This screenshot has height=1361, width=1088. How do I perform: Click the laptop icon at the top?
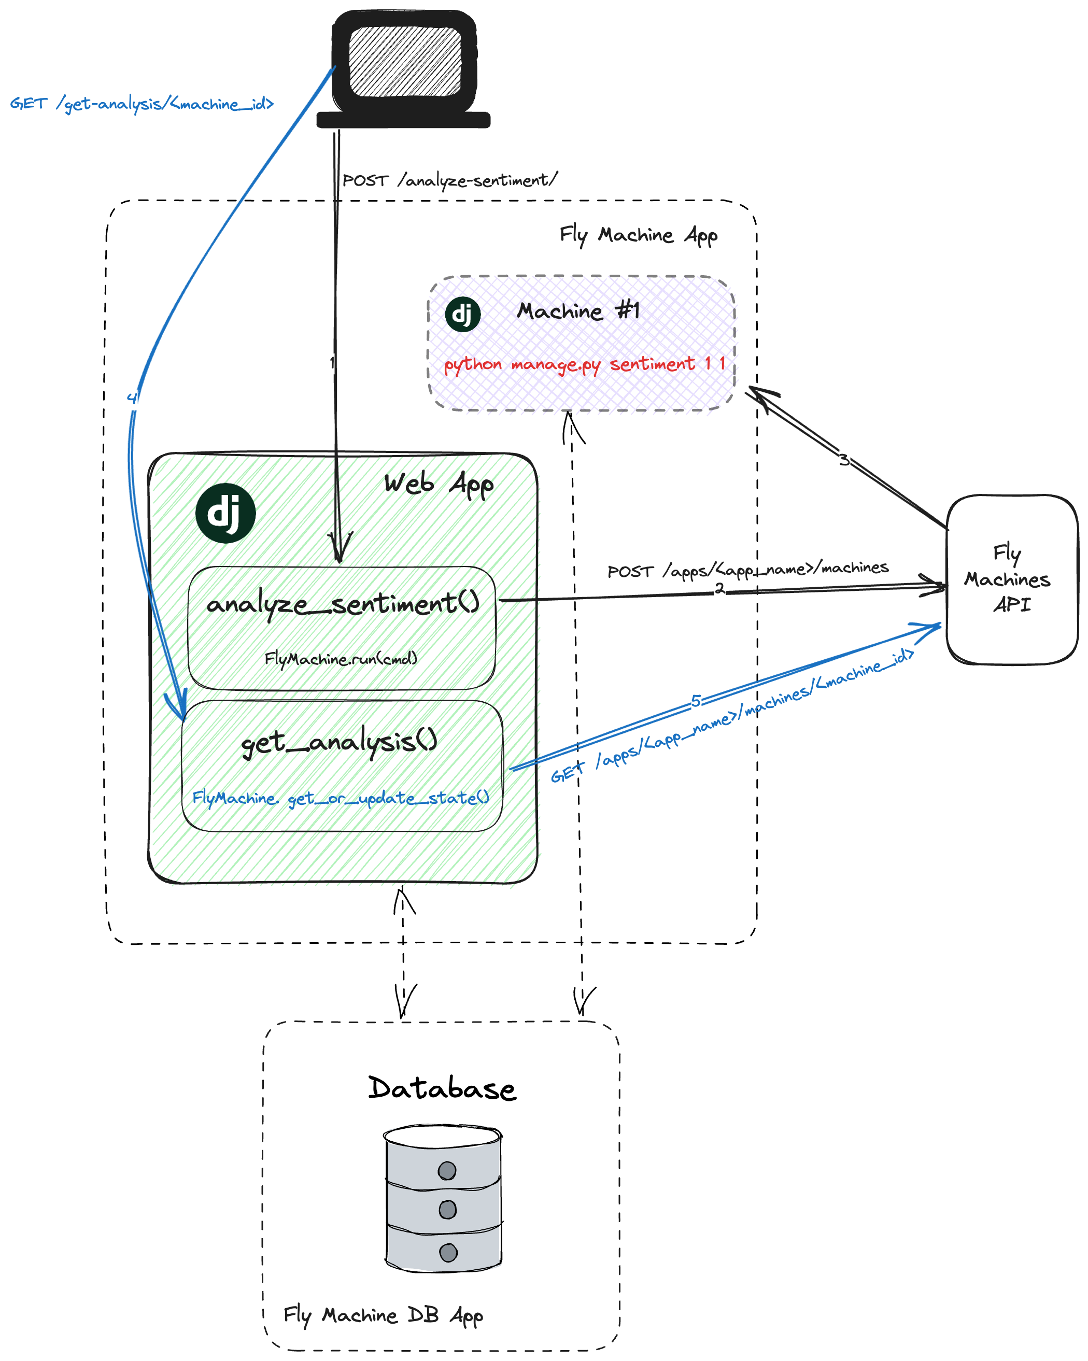(x=404, y=68)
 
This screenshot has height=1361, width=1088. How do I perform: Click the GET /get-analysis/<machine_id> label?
(x=142, y=104)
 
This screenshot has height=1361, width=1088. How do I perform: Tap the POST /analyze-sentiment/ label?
(x=449, y=180)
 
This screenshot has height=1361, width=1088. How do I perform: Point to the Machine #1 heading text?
(x=578, y=310)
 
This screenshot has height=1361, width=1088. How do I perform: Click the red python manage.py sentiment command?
(x=584, y=364)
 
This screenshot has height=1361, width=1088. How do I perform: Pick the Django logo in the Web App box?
(x=225, y=513)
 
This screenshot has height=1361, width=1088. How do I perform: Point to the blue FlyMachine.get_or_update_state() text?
(x=341, y=798)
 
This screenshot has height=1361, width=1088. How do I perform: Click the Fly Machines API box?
(x=1012, y=579)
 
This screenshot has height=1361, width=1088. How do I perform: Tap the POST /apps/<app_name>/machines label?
(x=747, y=570)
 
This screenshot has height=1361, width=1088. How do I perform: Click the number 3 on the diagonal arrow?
(x=844, y=460)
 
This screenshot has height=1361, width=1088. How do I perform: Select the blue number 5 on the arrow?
(x=695, y=700)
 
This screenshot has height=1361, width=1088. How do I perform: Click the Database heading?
(x=442, y=1088)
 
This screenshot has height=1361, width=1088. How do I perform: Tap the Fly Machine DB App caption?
(x=383, y=1315)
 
